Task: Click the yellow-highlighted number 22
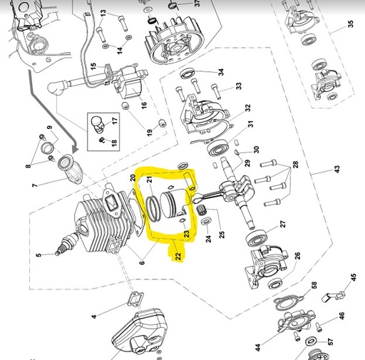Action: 178,255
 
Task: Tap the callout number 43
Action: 336,169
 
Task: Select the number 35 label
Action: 351,24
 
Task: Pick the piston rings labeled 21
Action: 153,209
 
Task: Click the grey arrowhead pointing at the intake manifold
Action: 76,149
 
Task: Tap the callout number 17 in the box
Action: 115,120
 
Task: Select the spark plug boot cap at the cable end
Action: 55,88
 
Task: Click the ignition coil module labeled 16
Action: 130,83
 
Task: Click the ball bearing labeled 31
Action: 218,148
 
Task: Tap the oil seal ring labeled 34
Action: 188,73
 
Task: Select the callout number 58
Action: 314,285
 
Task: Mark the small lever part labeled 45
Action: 333,297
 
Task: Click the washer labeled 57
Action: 311,341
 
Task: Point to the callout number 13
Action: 103,13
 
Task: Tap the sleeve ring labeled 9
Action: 47,148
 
